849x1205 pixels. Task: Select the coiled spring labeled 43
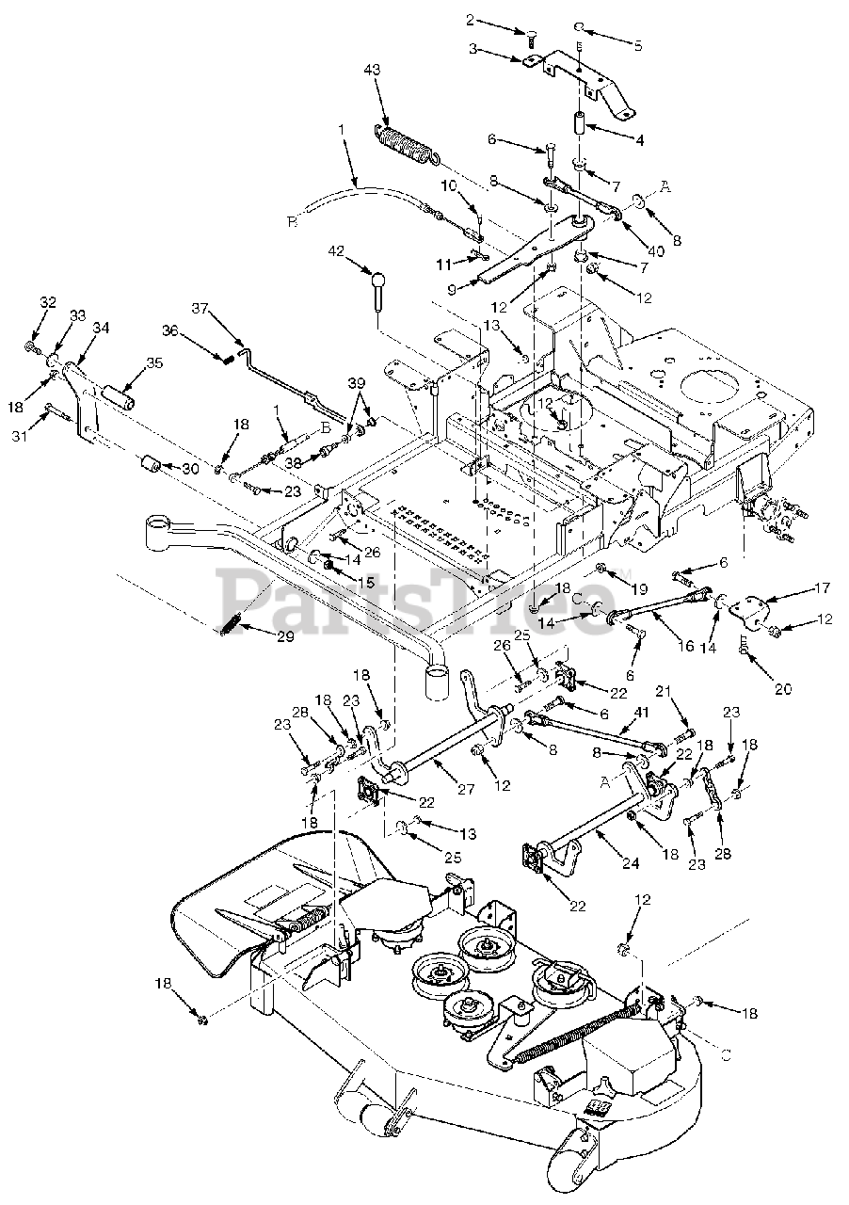[407, 146]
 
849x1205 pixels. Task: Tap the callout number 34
[101, 327]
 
